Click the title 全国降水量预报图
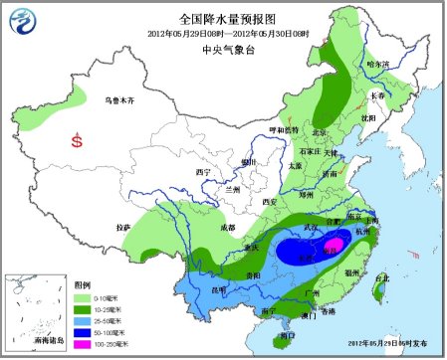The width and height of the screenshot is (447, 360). coord(224,19)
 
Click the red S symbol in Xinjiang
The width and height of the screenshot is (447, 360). coord(77,141)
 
